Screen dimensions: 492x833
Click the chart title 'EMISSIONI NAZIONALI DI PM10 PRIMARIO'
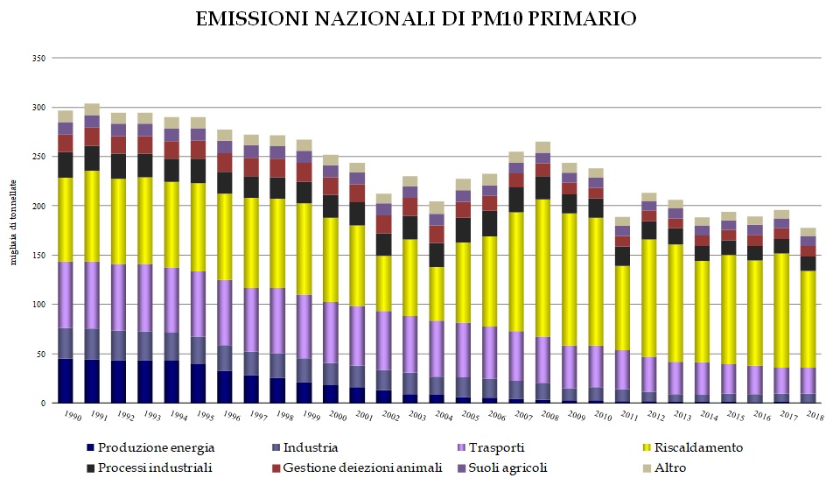click(x=416, y=18)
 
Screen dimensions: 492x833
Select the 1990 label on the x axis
click(x=66, y=415)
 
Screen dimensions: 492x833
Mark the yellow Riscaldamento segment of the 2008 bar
click(x=543, y=268)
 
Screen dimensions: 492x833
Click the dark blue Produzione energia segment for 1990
click(x=66, y=381)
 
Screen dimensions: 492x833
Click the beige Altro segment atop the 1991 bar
click(x=92, y=109)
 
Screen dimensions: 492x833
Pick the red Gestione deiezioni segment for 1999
click(x=304, y=172)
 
